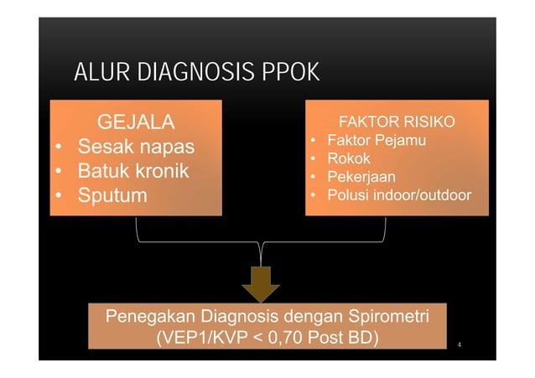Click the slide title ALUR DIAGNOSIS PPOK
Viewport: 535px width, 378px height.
(x=196, y=73)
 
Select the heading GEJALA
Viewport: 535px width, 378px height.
(x=137, y=123)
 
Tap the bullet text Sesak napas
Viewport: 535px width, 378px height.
(x=136, y=148)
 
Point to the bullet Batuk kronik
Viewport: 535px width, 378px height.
(x=133, y=172)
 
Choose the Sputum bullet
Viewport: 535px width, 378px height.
(x=112, y=196)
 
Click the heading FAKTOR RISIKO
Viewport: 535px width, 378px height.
(x=397, y=123)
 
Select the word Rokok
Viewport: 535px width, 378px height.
(x=348, y=158)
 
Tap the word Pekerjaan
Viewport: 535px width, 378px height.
(x=361, y=177)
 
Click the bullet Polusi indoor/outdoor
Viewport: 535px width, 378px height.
(x=398, y=195)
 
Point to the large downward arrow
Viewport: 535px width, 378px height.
(x=261, y=282)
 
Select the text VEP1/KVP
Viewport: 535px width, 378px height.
(x=194, y=338)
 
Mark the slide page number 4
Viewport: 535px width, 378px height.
(x=460, y=343)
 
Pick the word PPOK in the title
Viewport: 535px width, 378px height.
(x=290, y=73)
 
